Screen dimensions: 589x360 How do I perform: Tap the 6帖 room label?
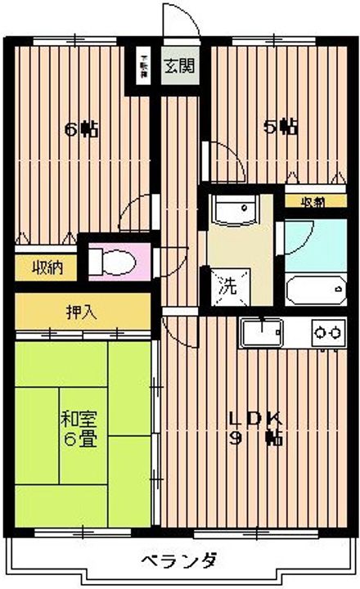(x=82, y=128)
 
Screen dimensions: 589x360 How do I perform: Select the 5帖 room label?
(x=280, y=127)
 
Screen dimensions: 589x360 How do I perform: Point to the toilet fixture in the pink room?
(x=110, y=261)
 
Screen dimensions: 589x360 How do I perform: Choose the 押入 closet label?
(x=79, y=311)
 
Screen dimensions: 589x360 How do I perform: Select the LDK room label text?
(x=254, y=418)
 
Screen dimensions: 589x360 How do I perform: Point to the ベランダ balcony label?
(x=178, y=561)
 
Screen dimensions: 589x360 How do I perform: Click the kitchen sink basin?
(x=261, y=333)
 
